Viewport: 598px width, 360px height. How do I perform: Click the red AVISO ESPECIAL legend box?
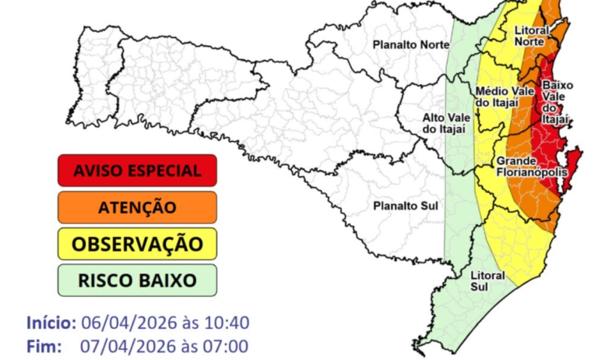[x=136, y=171]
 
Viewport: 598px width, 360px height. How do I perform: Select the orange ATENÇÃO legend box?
[x=136, y=207]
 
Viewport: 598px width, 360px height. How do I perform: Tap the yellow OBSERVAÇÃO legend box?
[x=136, y=244]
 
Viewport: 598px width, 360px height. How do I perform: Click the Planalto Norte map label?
[x=410, y=44]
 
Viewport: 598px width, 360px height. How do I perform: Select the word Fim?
[x=44, y=345]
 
